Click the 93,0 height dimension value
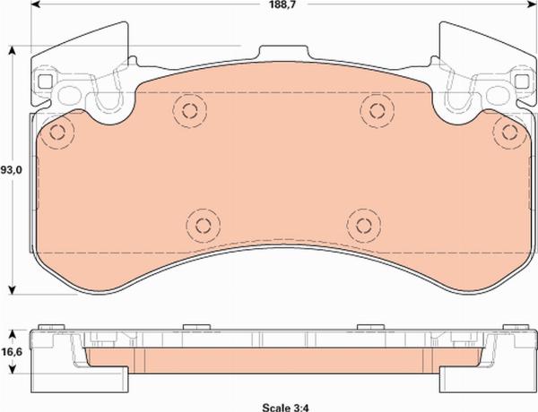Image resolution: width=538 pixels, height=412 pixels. pos(12,169)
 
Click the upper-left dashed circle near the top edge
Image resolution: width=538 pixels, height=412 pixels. pos(189,110)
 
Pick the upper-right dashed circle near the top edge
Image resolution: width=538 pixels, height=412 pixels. pos(372,109)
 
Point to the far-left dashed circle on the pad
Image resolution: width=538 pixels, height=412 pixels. pos(58,133)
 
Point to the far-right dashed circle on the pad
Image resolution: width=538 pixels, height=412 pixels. pos(509,133)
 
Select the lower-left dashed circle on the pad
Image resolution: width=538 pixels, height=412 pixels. pos(202,222)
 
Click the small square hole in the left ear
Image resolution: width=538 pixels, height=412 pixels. pos(46,82)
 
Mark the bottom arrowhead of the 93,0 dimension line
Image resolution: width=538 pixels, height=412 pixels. pos(12,288)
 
